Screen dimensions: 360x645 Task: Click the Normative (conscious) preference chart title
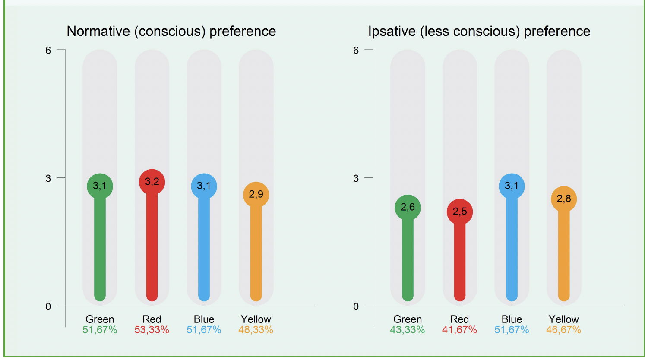tap(171, 32)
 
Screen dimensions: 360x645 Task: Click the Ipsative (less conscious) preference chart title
tap(479, 32)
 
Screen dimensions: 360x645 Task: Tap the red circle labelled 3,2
tap(152, 182)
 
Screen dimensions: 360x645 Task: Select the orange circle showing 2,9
tap(256, 195)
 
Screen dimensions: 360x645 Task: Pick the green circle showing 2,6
tap(408, 208)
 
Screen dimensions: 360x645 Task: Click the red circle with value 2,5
tap(460, 212)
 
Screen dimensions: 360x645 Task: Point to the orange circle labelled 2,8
tap(564, 199)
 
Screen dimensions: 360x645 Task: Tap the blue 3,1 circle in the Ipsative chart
tap(512, 186)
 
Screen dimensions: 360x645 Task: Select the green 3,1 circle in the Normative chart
tap(100, 186)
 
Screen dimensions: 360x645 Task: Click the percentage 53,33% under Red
tap(152, 330)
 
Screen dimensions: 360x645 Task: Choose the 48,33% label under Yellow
tap(256, 330)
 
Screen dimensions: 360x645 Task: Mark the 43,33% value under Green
tap(408, 330)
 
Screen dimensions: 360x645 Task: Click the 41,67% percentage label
tap(460, 330)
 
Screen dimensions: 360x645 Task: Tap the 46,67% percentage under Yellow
tap(564, 330)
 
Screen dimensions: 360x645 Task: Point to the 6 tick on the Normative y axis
tap(48, 51)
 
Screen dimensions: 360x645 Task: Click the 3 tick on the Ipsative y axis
tap(356, 178)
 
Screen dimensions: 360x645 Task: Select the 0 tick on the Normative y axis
tap(48, 306)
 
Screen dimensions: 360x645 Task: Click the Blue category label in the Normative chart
tap(204, 319)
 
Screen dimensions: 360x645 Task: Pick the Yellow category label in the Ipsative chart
tap(564, 319)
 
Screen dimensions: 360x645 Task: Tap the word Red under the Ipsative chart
tap(460, 319)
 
